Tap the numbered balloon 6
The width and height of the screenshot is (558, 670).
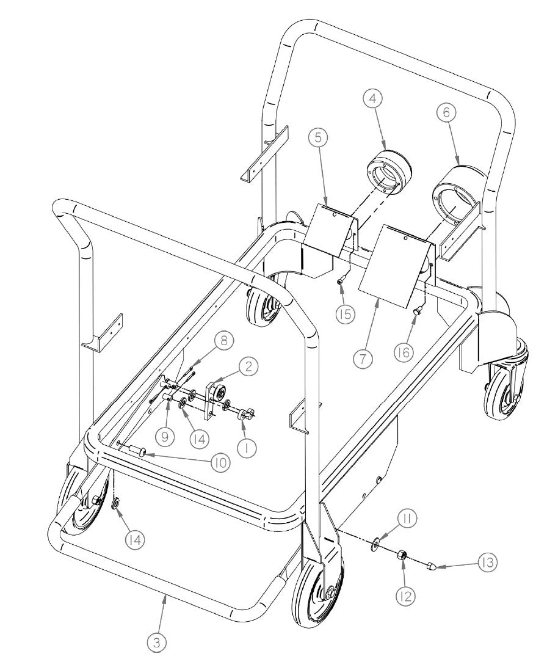point(446,112)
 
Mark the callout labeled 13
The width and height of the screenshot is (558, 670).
point(487,562)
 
